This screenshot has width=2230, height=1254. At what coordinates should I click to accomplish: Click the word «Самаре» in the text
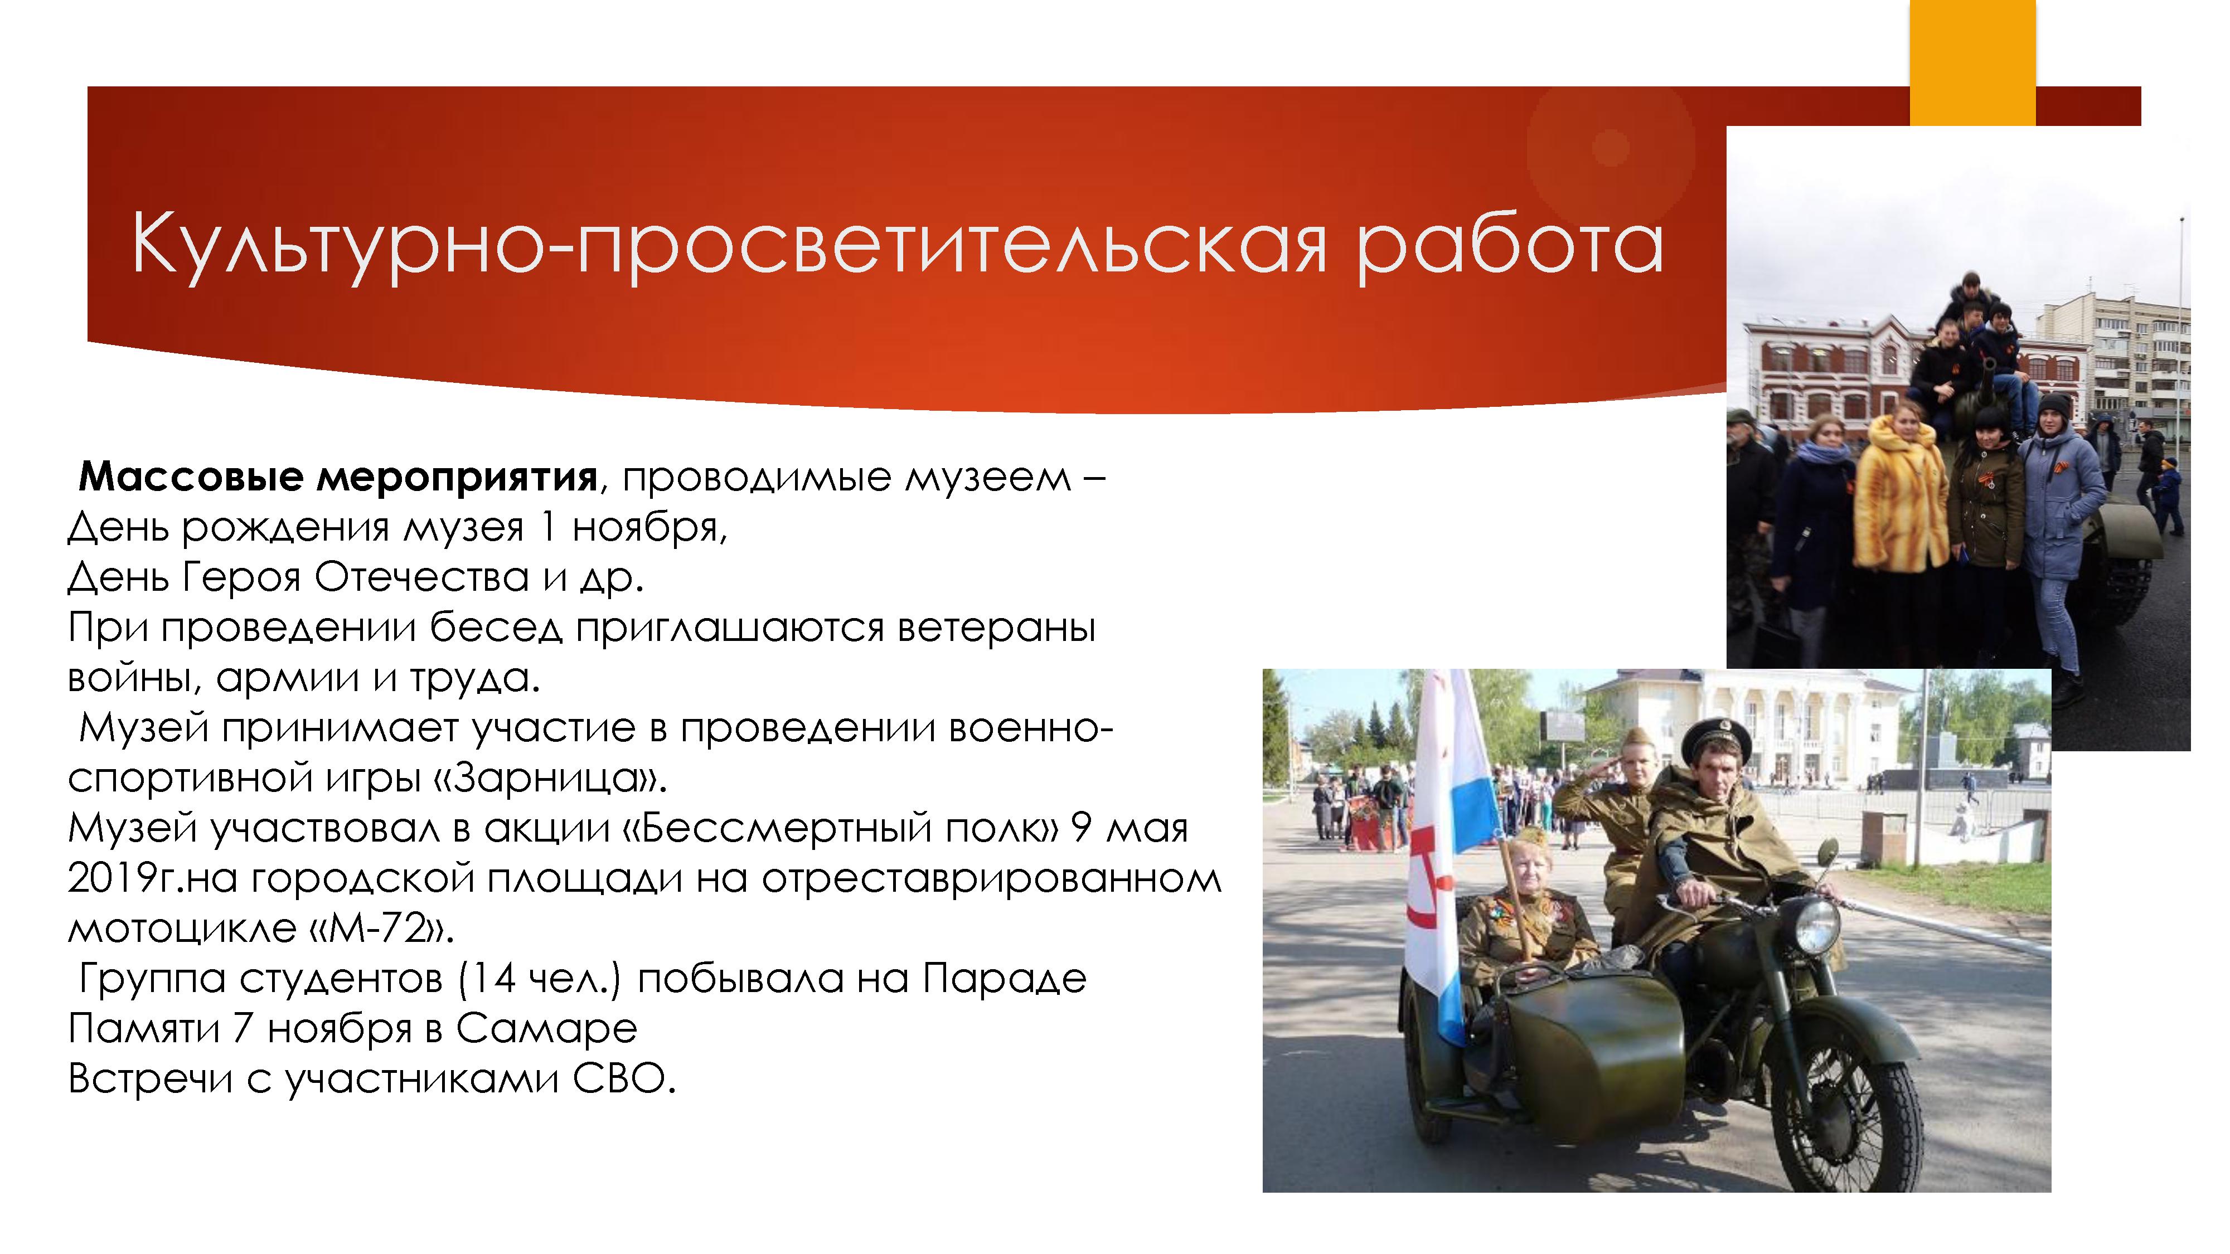(x=546, y=1029)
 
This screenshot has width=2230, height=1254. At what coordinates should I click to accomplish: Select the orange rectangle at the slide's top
(x=1973, y=63)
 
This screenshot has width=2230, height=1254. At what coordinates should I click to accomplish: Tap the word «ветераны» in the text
(x=996, y=628)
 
